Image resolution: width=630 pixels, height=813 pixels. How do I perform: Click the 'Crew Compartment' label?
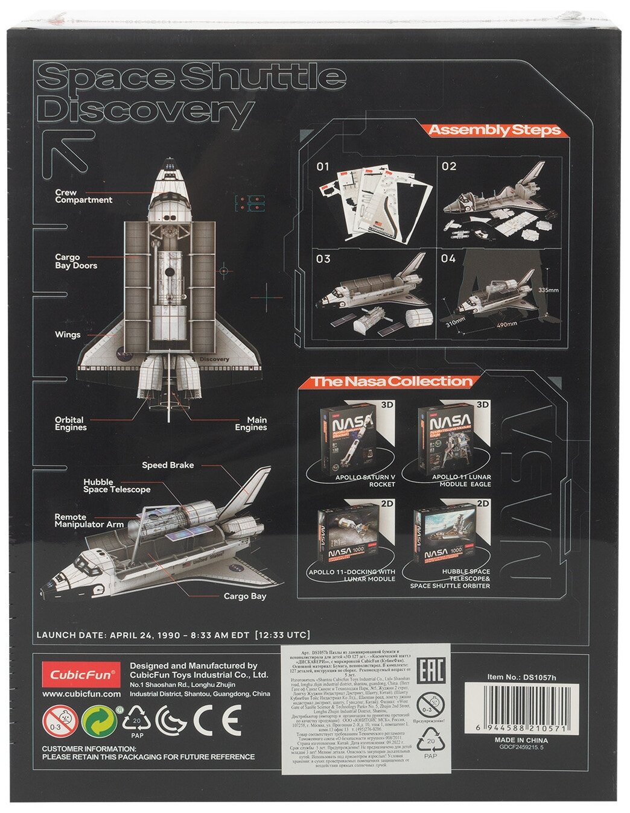click(83, 196)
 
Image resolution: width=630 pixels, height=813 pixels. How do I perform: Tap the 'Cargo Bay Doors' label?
click(75, 261)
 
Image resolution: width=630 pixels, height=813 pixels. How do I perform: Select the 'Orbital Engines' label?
click(71, 423)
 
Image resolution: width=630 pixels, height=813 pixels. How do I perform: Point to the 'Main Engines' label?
click(250, 423)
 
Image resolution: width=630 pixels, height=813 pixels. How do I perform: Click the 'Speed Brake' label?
click(168, 465)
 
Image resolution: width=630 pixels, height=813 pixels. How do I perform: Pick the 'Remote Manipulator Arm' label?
click(89, 520)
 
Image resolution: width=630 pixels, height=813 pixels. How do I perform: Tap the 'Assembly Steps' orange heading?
click(494, 130)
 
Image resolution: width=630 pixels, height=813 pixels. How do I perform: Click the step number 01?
click(323, 166)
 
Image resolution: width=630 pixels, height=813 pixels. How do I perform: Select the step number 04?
click(448, 259)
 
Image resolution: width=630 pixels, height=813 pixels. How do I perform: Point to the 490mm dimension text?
click(507, 323)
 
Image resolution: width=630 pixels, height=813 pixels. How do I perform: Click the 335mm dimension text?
click(548, 290)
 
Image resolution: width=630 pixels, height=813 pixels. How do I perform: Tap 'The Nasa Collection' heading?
click(391, 381)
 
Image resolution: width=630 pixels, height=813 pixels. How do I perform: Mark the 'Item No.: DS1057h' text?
click(521, 677)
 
